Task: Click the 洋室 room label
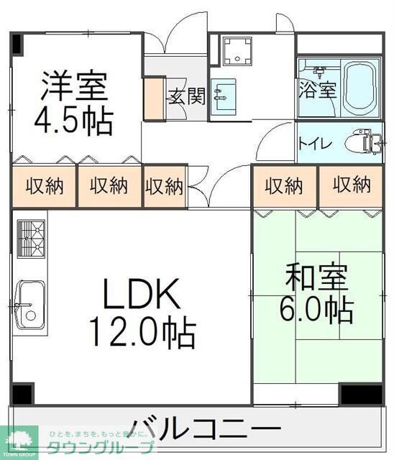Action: [x=74, y=86]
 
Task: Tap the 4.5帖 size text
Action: [x=74, y=121]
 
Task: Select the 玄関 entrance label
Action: [x=187, y=96]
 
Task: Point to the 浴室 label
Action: [x=317, y=91]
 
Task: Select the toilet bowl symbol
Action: [x=362, y=142]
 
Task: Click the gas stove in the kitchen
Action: [x=29, y=236]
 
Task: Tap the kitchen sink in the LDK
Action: [x=29, y=300]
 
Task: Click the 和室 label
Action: [x=317, y=276]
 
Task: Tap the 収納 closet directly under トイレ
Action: [x=351, y=185]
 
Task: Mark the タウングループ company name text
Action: [x=101, y=447]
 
